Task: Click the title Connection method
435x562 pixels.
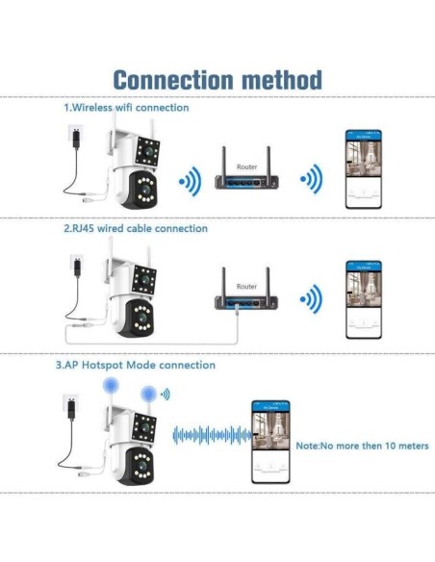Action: pyautogui.click(x=217, y=79)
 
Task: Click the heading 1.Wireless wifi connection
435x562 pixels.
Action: pyautogui.click(x=126, y=108)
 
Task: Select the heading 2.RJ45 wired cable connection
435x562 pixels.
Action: pyautogui.click(x=136, y=229)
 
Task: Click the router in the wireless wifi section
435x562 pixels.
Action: pyautogui.click(x=246, y=179)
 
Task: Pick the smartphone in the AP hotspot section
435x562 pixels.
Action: pyautogui.click(x=271, y=441)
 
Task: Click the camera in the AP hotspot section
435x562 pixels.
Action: pyautogui.click(x=130, y=438)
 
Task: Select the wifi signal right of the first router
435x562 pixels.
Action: pyautogui.click(x=308, y=180)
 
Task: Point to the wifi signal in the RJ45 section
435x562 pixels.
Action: pyautogui.click(x=308, y=297)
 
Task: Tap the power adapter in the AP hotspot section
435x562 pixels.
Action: pyautogui.click(x=69, y=408)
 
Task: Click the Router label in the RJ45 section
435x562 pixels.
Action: pyautogui.click(x=246, y=287)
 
